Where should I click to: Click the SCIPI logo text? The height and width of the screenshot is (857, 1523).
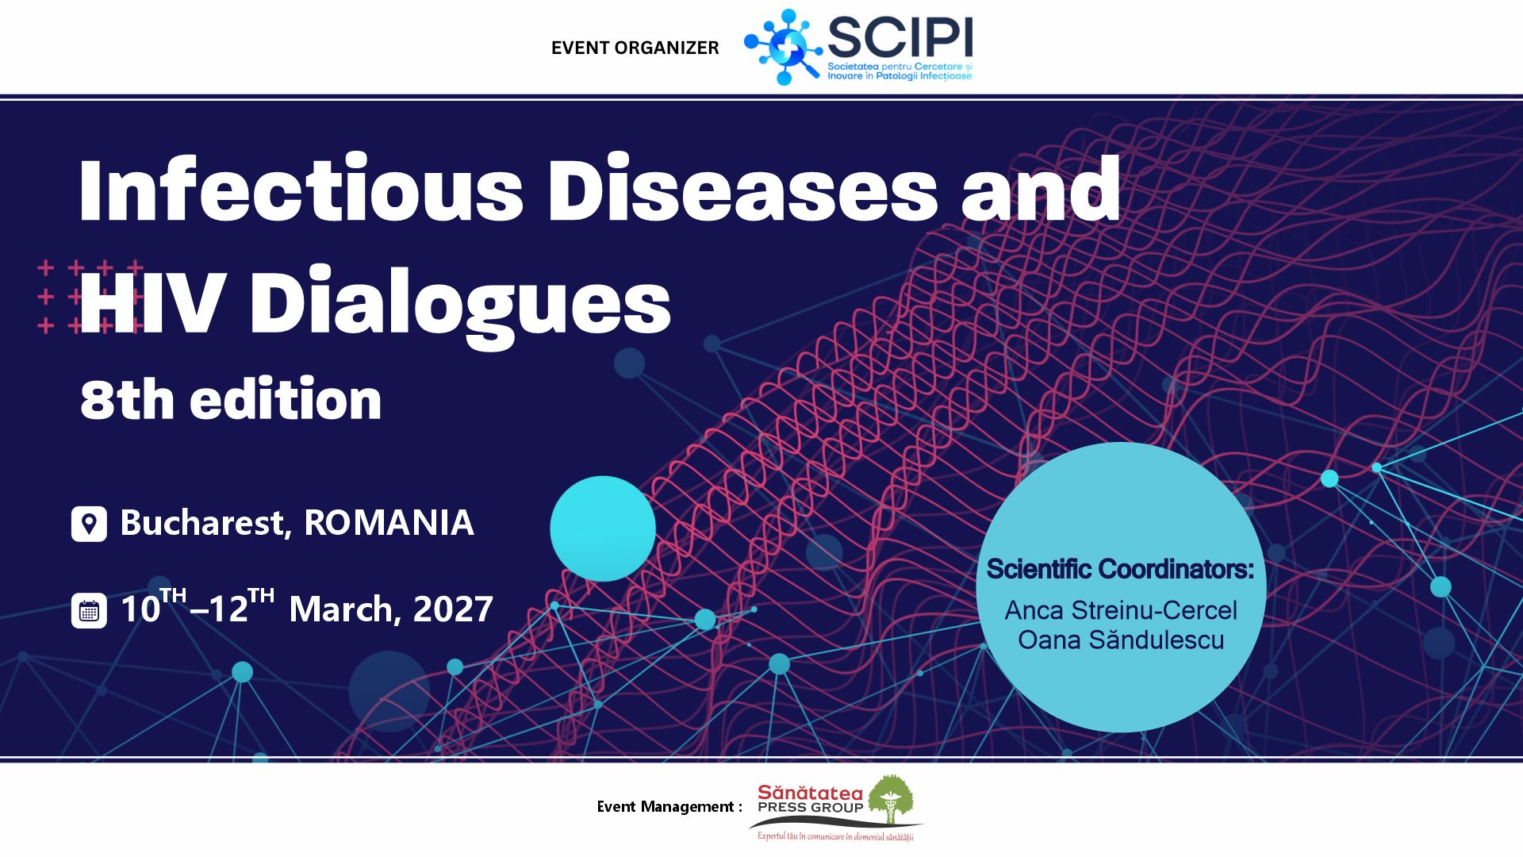tap(900, 37)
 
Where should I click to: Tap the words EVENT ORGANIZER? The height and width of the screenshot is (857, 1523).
tap(635, 48)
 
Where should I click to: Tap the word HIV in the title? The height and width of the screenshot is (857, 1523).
tap(151, 302)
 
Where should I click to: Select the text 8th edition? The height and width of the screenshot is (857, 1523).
tap(231, 398)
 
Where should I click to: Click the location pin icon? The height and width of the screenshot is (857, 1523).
tap(89, 524)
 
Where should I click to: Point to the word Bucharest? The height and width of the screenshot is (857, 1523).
tap(202, 523)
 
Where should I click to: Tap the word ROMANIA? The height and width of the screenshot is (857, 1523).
tap(389, 523)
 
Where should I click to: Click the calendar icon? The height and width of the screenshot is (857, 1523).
tap(89, 611)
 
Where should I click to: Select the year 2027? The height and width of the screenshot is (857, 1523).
tap(453, 609)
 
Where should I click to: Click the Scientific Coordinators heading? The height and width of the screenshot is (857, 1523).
tap(1120, 569)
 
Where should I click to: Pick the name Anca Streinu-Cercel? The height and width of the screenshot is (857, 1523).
tap(1121, 610)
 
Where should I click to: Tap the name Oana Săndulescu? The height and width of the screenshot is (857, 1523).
tap(1121, 640)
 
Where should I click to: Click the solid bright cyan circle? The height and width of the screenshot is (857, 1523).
tap(603, 528)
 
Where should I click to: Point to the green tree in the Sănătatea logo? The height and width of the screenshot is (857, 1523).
tap(891, 801)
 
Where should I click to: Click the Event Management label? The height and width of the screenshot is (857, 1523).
tap(669, 807)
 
